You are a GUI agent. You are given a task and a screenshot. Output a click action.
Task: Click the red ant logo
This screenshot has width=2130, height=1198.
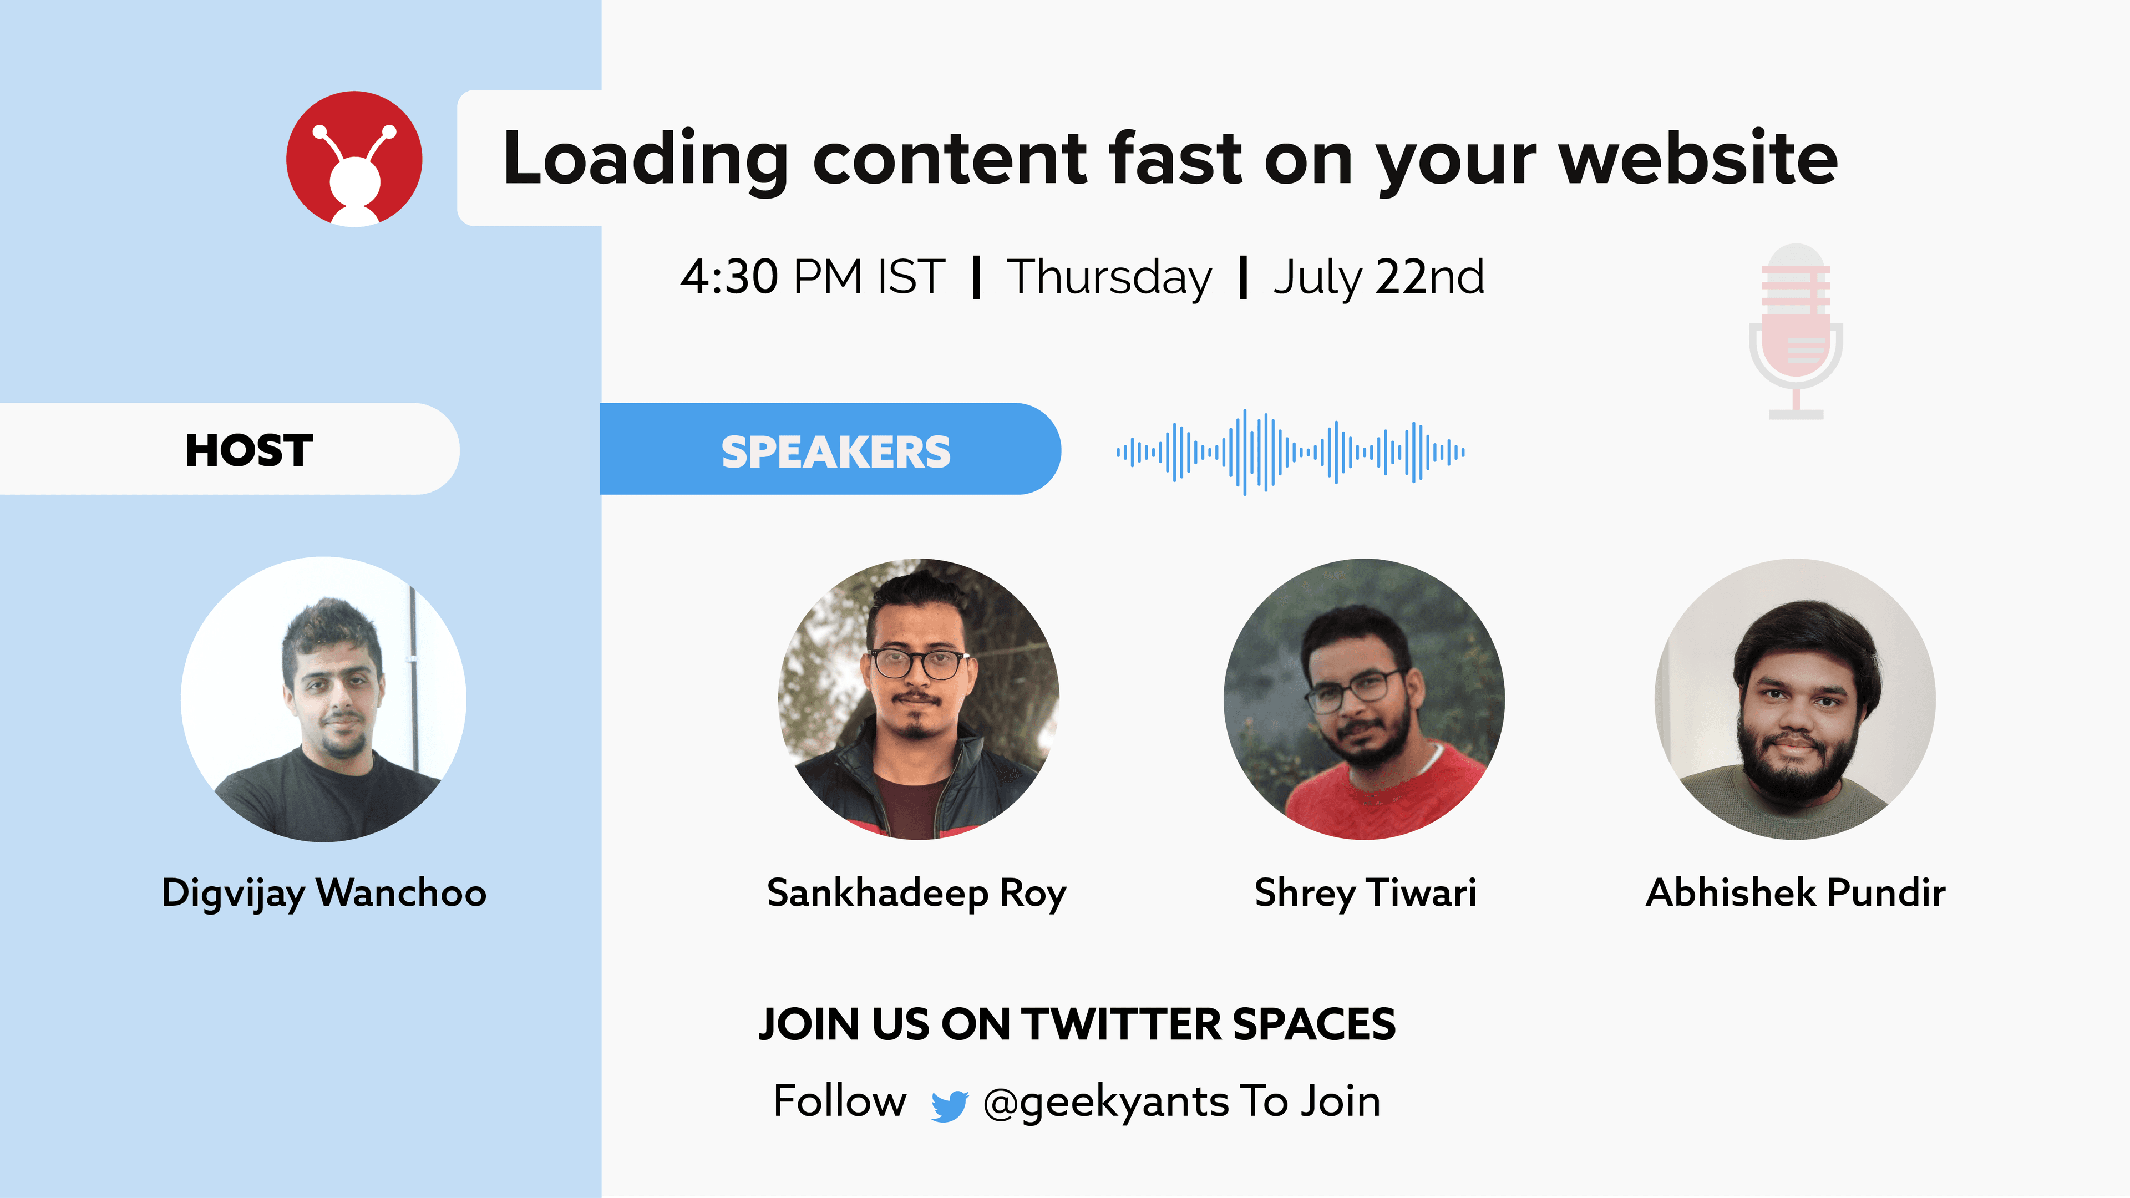click(354, 159)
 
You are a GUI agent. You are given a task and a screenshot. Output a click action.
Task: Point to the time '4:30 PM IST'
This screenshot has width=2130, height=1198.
click(813, 276)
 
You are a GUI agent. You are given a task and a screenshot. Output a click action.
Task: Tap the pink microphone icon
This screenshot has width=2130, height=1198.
click(1796, 331)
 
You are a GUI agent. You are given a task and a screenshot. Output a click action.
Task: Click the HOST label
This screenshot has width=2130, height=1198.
click(249, 450)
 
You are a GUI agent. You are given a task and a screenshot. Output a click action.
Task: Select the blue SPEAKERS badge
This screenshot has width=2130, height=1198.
click(830, 449)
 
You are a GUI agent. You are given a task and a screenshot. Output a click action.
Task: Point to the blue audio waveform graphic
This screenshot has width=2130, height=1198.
click(1291, 451)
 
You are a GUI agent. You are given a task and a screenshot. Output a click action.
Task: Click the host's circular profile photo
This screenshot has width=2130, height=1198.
click(323, 699)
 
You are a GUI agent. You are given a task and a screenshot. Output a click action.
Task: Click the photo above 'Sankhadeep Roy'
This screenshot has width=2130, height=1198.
click(918, 699)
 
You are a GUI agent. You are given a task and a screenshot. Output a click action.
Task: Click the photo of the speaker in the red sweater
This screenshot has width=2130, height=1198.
click(1365, 699)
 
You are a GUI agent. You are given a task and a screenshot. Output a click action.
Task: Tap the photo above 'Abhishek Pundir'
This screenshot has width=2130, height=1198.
click(1795, 699)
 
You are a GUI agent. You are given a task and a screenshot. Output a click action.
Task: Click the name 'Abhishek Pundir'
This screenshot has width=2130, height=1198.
click(1796, 893)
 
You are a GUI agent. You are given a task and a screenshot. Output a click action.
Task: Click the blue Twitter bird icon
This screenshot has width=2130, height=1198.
click(949, 1105)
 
